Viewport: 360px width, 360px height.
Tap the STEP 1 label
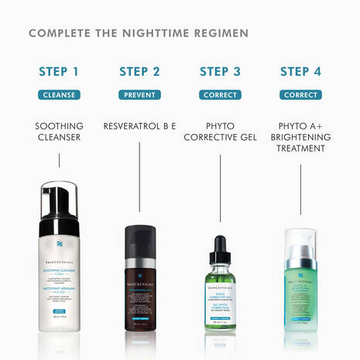coord(59,72)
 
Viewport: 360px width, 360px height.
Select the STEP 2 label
coord(139,72)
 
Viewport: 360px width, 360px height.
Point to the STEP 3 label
coord(220,72)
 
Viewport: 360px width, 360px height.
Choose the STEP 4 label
coord(300,72)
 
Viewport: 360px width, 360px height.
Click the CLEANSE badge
coord(59,95)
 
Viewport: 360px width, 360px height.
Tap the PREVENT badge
coord(139,95)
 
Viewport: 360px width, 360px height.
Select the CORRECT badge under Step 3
coord(220,95)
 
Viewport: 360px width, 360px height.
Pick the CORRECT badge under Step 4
coord(300,95)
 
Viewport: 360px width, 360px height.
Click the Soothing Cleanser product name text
coord(59,132)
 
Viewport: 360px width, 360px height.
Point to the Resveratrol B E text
coord(139,125)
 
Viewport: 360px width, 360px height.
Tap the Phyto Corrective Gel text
coord(220,132)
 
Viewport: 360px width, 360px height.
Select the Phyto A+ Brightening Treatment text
coord(300,137)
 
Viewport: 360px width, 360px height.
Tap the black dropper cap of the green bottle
coord(220,248)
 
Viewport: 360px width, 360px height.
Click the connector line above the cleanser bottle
coord(59,160)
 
